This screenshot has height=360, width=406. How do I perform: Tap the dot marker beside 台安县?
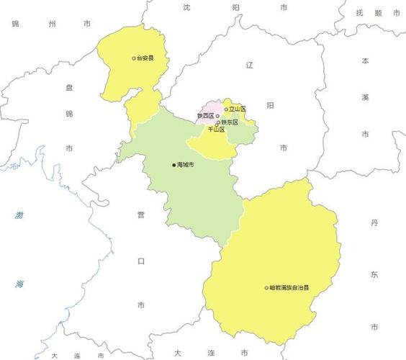pos(134,58)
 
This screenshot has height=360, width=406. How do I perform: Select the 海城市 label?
pos(186,165)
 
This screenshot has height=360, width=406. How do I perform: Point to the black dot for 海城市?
pos(173,165)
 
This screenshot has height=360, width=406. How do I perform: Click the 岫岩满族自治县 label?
pos(289,288)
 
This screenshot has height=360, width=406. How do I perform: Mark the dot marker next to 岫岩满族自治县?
pos(266,288)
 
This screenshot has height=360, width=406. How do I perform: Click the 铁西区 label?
pos(206,115)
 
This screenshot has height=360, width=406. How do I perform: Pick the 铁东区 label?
pos(230,122)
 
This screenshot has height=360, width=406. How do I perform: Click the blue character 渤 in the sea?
pos(18,215)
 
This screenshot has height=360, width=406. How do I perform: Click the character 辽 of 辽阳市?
pos(251,65)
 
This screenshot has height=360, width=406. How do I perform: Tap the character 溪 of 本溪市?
pos(365,96)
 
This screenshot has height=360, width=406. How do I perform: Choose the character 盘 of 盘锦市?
pos(69,87)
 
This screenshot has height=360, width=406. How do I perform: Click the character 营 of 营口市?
pos(142,214)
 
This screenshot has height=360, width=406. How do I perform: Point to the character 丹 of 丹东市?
pos(374,224)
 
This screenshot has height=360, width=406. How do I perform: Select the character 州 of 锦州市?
pos(51,24)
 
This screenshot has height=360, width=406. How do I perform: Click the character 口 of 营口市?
pos(142,259)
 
